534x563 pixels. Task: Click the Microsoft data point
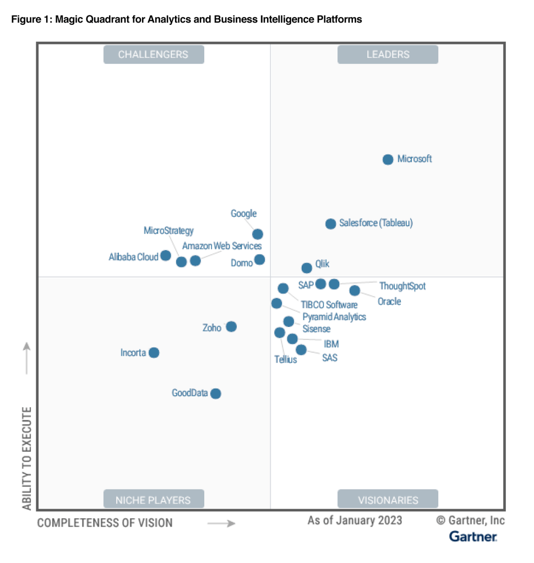[388, 160]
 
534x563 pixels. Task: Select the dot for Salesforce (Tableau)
[330, 223]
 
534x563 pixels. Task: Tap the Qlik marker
[307, 268]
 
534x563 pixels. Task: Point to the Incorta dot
[154, 353]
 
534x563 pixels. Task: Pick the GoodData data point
[216, 393]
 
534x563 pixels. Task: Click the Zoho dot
[231, 327]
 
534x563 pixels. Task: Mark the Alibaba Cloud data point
[165, 255]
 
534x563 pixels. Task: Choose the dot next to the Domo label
[259, 259]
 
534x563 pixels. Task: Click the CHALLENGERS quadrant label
[154, 54]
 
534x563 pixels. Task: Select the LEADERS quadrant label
[388, 54]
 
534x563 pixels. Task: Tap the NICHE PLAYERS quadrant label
[154, 500]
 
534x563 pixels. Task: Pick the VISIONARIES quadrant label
[388, 500]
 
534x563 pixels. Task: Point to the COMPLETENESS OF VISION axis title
[105, 523]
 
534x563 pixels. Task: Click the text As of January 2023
[355, 520]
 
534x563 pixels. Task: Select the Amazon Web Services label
[222, 246]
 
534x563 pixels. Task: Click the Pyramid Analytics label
[334, 316]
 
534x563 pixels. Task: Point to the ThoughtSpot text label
[402, 286]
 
